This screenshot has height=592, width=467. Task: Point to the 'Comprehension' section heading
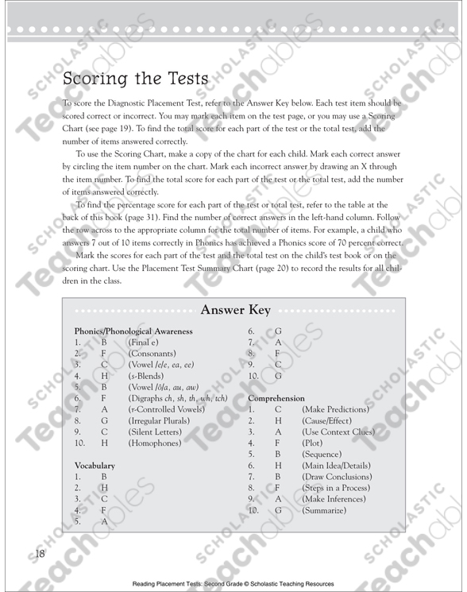pos(280,396)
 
